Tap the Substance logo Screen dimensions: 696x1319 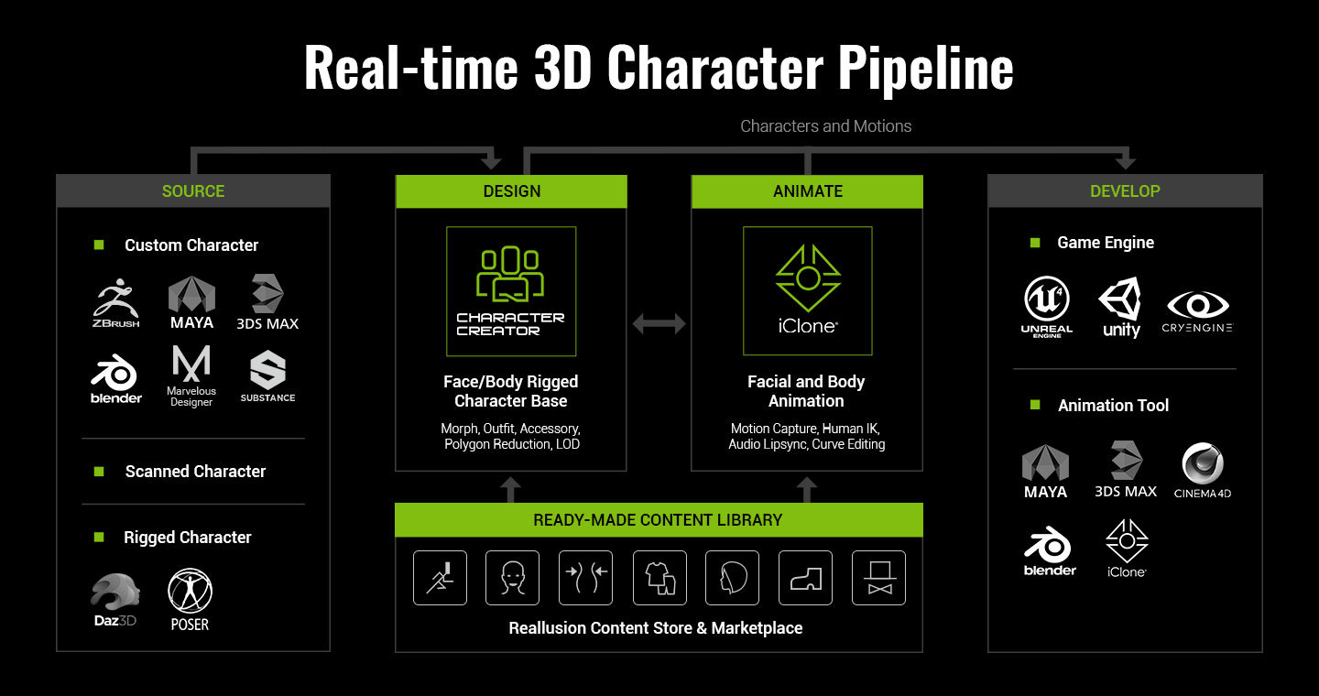click(x=267, y=376)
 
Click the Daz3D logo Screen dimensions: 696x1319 click(x=115, y=600)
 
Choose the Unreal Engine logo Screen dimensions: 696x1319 click(x=1047, y=308)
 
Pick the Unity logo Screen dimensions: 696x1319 click(x=1121, y=308)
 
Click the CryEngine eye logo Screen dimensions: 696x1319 click(x=1197, y=310)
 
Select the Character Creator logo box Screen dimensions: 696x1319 click(x=511, y=291)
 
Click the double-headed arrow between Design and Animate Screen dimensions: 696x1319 click(x=659, y=322)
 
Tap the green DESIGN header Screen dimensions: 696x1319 click(x=511, y=191)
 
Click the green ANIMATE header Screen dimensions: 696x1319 click(x=807, y=191)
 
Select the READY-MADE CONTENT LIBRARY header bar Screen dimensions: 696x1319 click(x=659, y=520)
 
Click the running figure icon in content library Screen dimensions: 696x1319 click(x=440, y=578)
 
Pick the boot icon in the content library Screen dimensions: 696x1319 click(x=806, y=578)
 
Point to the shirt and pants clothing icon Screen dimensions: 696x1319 click(x=659, y=578)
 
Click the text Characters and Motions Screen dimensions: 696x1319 click(x=825, y=126)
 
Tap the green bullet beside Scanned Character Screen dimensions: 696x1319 click(x=99, y=472)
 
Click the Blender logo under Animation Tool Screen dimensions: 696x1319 click(x=1049, y=552)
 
